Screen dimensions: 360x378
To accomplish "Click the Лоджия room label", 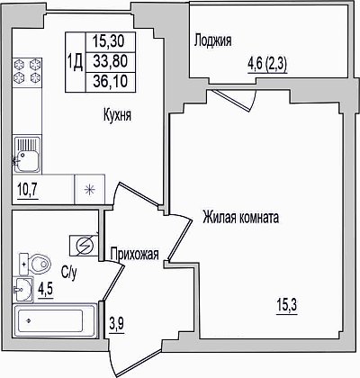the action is tap(212, 40).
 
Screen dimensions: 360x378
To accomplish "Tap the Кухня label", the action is tap(117, 115).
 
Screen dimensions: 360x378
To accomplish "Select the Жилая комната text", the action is tap(240, 217).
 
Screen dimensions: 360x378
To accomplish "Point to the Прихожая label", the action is tap(134, 255).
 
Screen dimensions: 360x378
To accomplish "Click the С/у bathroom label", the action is tap(69, 272).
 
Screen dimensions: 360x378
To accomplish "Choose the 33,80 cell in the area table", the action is tap(111, 62).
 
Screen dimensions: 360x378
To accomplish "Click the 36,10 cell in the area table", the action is tap(111, 82).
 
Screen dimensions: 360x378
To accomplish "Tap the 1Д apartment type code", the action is tap(76, 63).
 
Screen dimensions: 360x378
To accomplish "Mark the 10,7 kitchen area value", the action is tap(28, 190).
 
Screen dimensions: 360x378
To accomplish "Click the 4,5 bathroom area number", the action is tap(46, 290).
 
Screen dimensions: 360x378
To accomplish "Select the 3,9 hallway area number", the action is tap(116, 325).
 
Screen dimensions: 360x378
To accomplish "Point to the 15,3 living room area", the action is tap(287, 306).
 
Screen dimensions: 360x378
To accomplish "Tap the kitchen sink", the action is tap(27, 155).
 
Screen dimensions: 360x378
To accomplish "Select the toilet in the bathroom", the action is tap(34, 264).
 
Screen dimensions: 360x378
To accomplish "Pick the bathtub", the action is tap(55, 321).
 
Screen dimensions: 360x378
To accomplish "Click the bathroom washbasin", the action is tap(22, 290).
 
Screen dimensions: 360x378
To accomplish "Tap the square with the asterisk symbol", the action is tap(89, 190).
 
